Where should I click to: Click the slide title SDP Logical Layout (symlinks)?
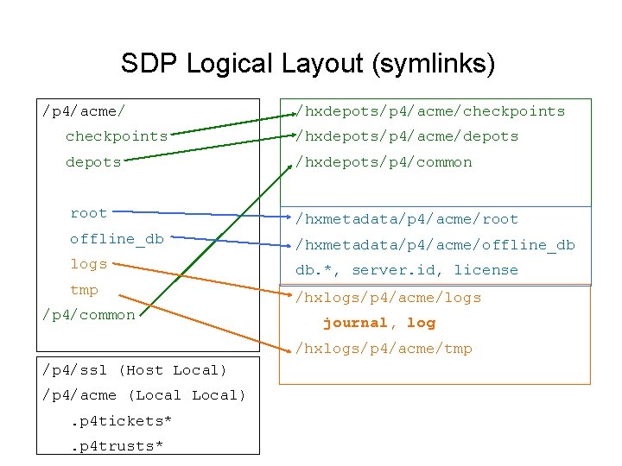click(x=308, y=63)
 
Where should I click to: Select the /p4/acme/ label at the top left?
click(x=84, y=110)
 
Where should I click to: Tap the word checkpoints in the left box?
click(x=117, y=136)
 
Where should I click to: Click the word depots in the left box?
click(x=93, y=162)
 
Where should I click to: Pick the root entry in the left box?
click(x=89, y=213)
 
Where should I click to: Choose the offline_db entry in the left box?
click(x=117, y=239)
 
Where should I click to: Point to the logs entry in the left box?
click(x=89, y=264)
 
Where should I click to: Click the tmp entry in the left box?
click(x=85, y=290)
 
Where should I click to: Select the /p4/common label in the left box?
click(x=89, y=315)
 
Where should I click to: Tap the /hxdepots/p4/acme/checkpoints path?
click(x=430, y=111)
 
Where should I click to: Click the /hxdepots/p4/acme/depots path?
click(x=407, y=136)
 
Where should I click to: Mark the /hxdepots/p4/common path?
click(x=384, y=162)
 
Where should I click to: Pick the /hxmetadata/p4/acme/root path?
click(x=407, y=219)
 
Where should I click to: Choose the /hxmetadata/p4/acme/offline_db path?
click(x=435, y=245)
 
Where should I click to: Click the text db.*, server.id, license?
click(x=407, y=270)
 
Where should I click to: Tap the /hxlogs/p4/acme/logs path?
click(x=389, y=298)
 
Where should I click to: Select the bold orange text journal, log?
click(x=379, y=323)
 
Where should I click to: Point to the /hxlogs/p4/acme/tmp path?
click(x=384, y=349)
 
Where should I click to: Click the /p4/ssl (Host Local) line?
click(x=134, y=370)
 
